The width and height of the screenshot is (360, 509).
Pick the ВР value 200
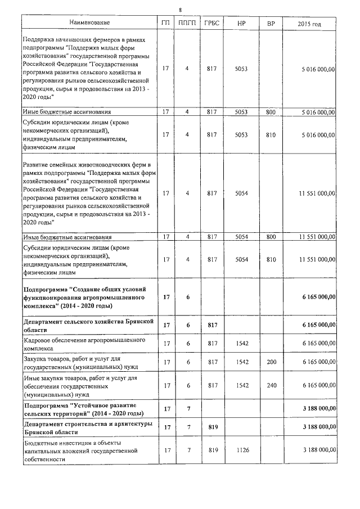pyautogui.click(x=271, y=362)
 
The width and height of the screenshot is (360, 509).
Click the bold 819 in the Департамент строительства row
pyautogui.click(x=212, y=427)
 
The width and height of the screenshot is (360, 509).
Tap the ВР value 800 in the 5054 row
pyautogui.click(x=271, y=237)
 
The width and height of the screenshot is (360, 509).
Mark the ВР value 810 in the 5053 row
pyautogui.click(x=271, y=134)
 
